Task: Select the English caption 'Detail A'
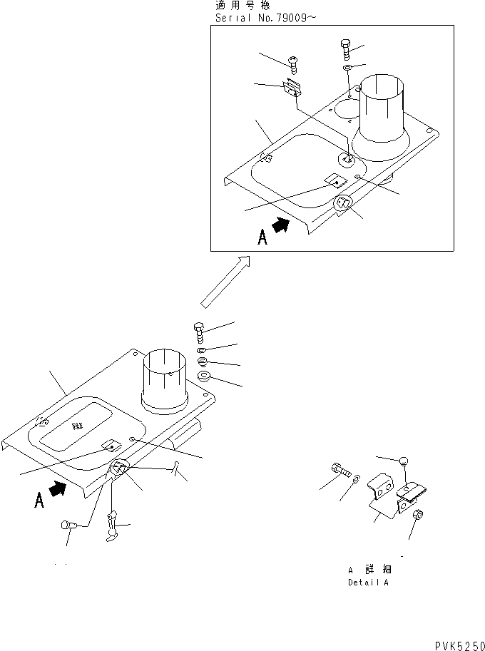(368, 583)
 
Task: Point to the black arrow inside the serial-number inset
(282, 226)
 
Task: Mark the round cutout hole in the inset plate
(344, 109)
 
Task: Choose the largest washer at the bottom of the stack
(203, 376)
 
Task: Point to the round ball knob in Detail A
(404, 461)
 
